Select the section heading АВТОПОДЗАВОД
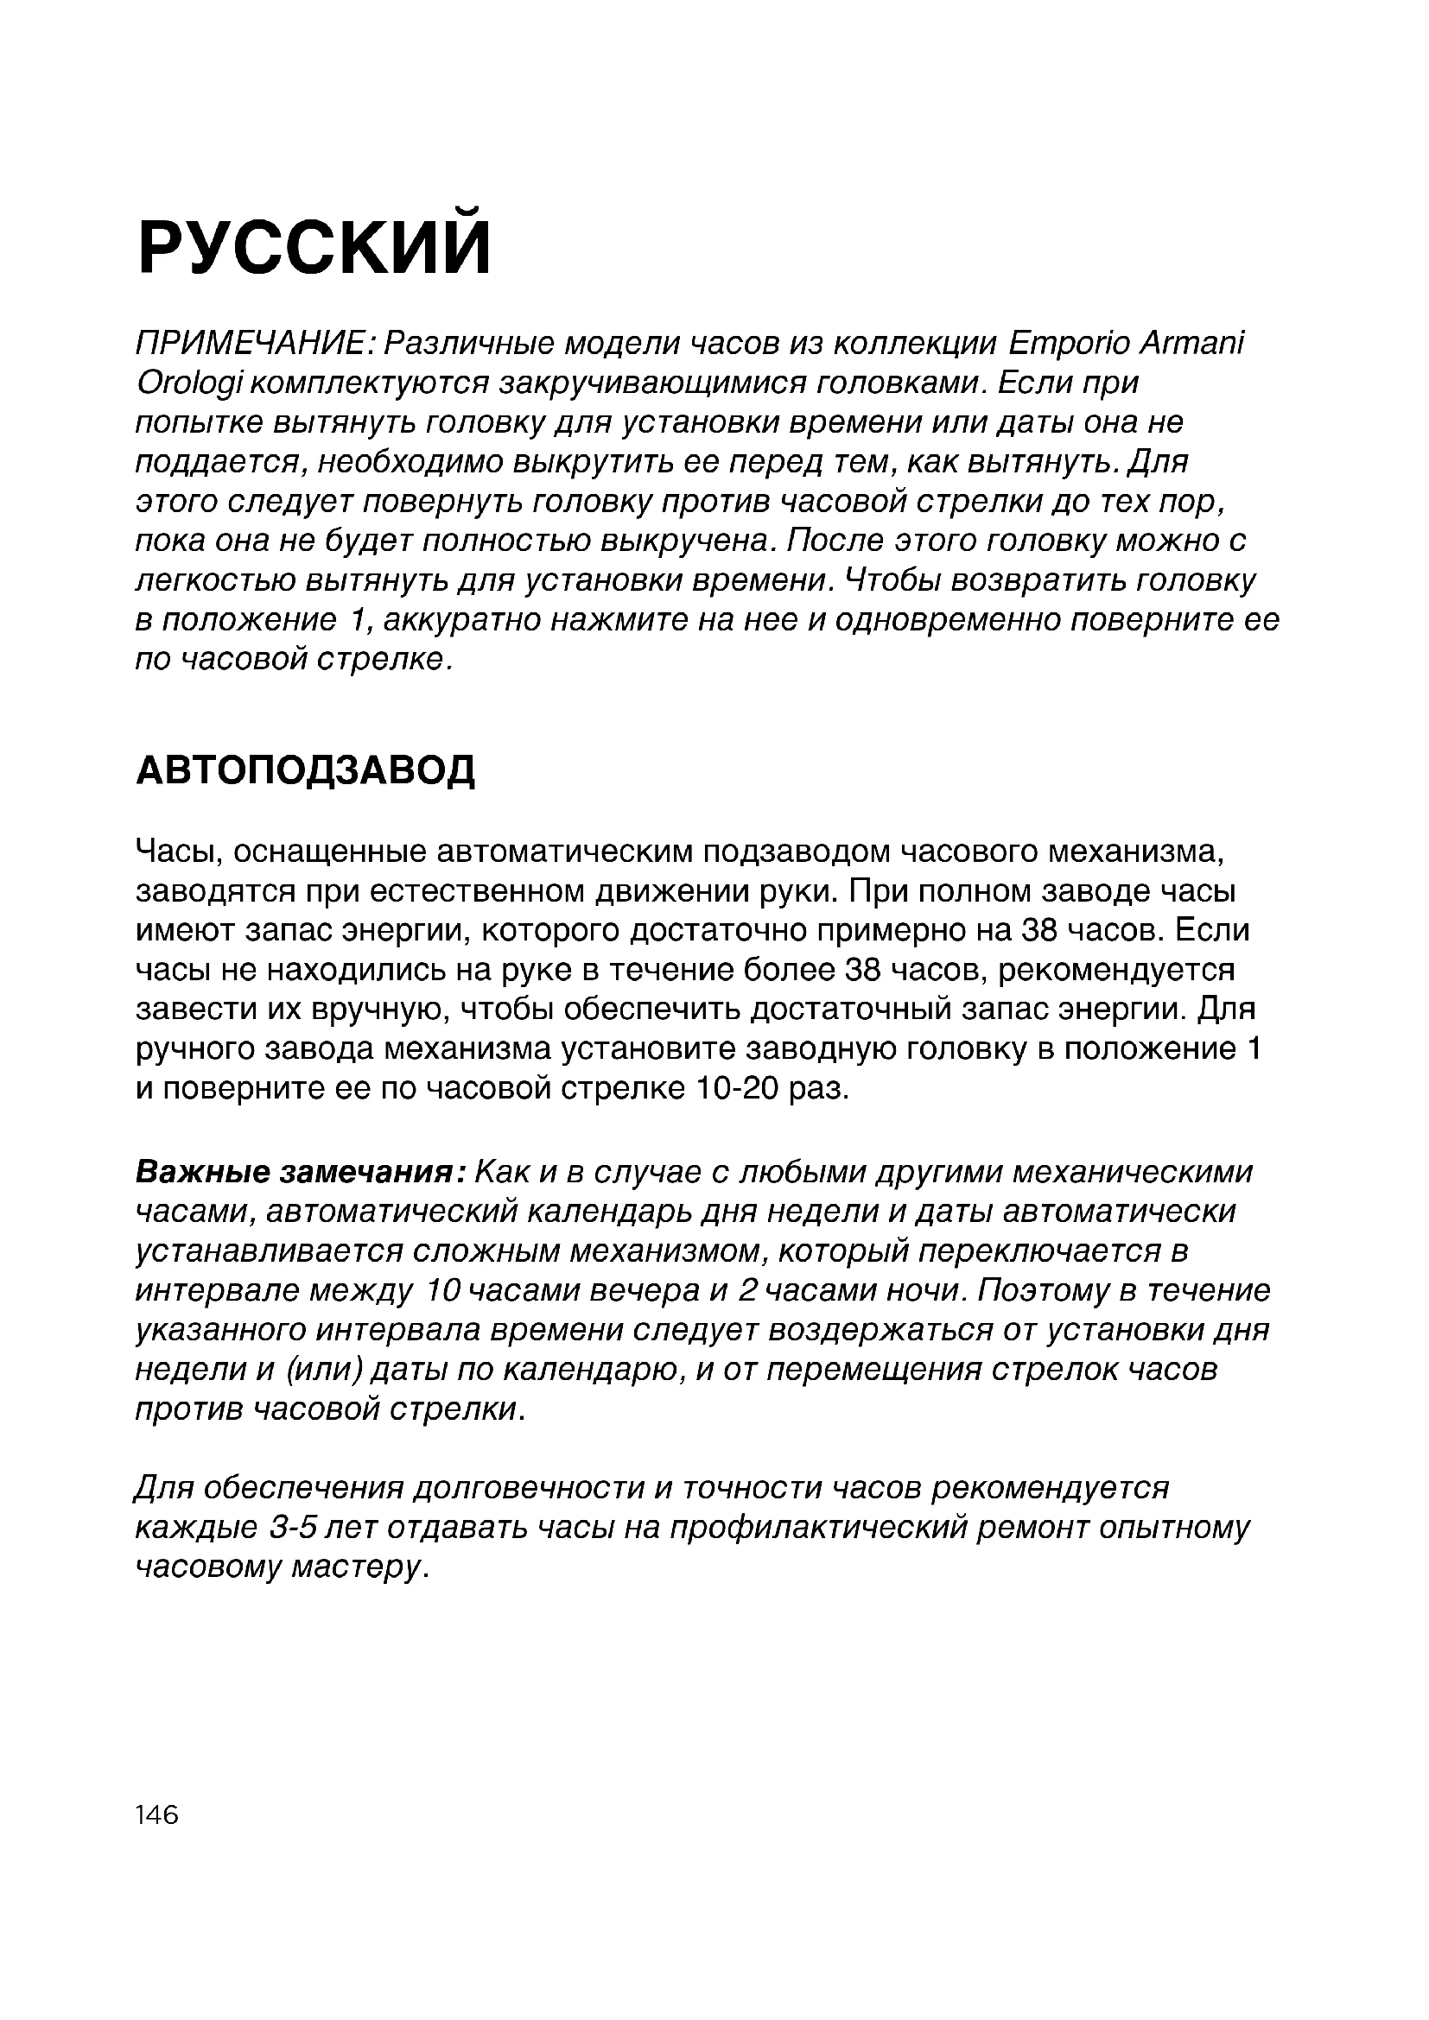coord(305,770)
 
